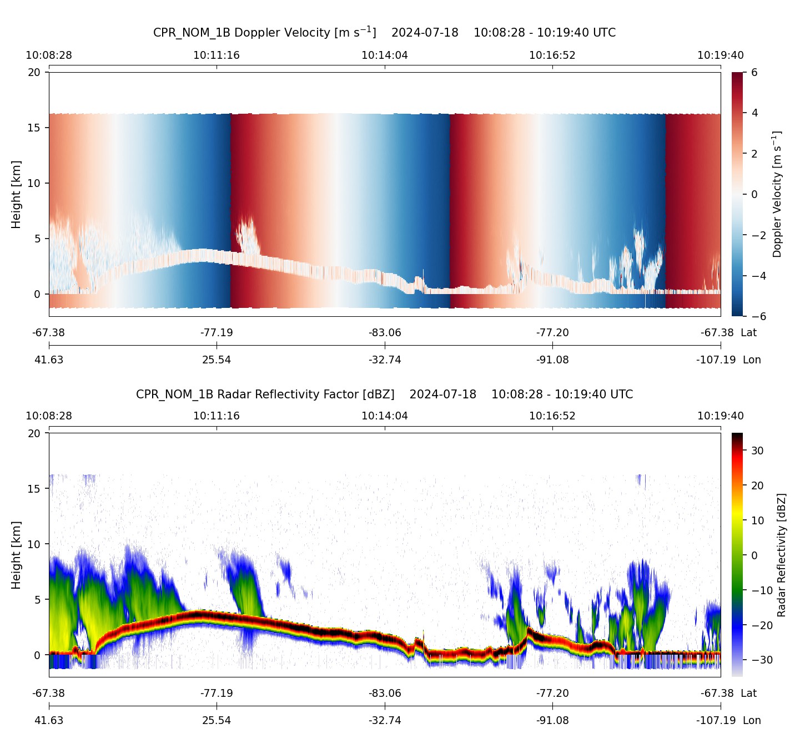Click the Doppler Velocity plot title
(384, 32)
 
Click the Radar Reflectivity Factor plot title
(384, 394)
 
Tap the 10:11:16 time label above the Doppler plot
(217, 55)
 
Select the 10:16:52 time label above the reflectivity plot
(552, 416)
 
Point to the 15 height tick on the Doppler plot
(34, 128)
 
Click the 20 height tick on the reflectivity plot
(34, 433)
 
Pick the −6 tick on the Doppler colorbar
(758, 316)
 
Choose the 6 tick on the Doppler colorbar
(754, 73)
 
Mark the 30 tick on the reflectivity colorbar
(757, 451)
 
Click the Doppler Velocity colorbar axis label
(777, 194)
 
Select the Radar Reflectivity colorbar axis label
(782, 555)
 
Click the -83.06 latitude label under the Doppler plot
(385, 333)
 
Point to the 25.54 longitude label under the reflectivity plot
(217, 720)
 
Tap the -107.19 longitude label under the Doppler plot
(716, 360)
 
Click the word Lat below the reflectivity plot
(749, 693)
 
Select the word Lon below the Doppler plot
(752, 360)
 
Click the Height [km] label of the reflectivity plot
(16, 555)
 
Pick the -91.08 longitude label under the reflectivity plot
(552, 720)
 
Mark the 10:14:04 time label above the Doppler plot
(385, 55)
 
